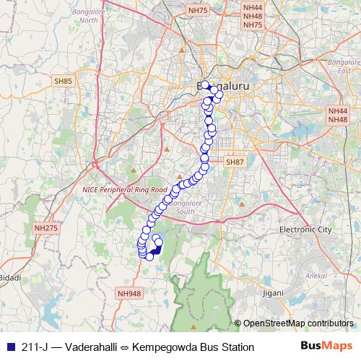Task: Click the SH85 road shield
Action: (x=63, y=82)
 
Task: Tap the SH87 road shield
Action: (x=235, y=162)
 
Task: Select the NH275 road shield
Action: (x=45, y=228)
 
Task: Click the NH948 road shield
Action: (x=129, y=294)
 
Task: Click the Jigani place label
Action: (x=273, y=293)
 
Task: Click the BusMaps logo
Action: (x=323, y=347)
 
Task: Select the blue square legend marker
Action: (x=9, y=347)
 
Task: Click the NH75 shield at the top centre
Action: (x=196, y=10)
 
